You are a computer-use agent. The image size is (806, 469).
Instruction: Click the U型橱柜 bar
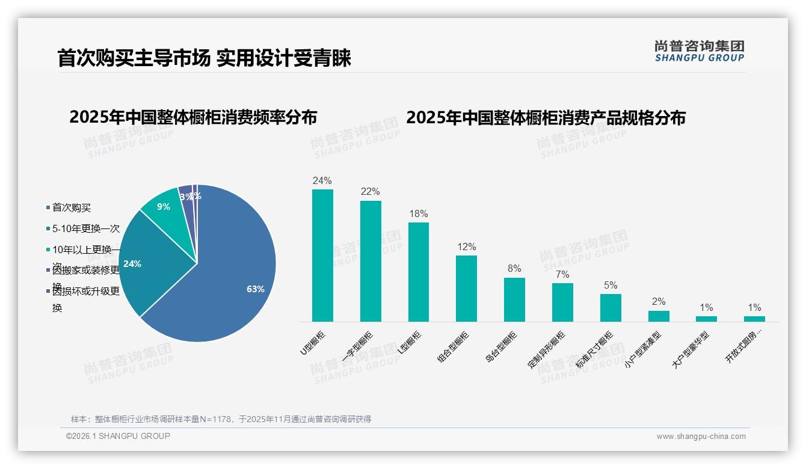pos(322,256)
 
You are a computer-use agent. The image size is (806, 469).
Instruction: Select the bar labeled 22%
pos(371,261)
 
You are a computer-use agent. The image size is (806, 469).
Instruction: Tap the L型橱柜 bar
pos(419,272)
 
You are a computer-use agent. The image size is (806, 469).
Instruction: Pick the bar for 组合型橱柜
pos(466,289)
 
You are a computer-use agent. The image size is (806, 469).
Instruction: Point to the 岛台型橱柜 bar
pos(514,299)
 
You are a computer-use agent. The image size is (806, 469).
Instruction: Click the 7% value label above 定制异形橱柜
pos(562,274)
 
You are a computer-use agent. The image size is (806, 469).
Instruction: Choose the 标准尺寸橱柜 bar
pos(611,308)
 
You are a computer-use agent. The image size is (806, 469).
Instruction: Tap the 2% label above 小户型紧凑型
pos(659,302)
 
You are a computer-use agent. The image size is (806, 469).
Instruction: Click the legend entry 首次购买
pos(72,208)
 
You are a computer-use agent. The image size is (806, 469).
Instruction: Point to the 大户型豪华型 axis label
pos(691,349)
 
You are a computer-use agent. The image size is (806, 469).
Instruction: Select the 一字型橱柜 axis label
pos(357,348)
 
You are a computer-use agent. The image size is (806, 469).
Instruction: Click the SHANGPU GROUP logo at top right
pos(699,51)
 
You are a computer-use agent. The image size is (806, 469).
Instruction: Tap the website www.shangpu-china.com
pos(701,437)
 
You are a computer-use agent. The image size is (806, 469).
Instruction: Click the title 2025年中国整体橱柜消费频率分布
pos(192,117)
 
